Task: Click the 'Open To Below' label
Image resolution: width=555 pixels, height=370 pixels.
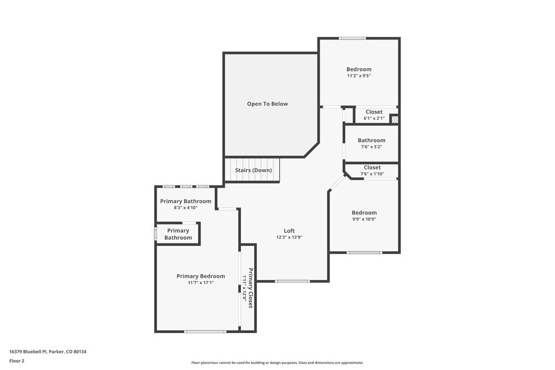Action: [268, 104]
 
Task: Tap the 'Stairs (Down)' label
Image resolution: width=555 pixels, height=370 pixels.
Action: [254, 170]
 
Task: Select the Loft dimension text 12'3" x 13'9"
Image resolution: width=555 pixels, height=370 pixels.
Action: [289, 237]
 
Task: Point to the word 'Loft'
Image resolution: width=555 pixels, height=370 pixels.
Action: [289, 231]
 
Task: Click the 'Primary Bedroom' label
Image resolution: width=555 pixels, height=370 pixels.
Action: [201, 276]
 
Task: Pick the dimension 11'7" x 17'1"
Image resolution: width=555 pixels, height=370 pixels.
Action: [201, 283]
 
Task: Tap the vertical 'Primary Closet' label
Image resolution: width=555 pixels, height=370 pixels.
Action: [251, 288]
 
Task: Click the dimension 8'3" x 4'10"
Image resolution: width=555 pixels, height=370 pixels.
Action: [185, 208]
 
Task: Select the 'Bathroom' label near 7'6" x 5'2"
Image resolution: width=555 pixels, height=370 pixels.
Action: [371, 140]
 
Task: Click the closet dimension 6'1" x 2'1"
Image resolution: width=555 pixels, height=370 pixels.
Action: [374, 119]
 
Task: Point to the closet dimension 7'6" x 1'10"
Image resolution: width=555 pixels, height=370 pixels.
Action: [372, 174]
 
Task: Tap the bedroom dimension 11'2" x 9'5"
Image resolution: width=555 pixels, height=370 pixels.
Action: [359, 76]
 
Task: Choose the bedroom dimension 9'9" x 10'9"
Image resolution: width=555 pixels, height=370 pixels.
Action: [364, 219]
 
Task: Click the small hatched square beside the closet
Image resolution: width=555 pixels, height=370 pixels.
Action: [395, 119]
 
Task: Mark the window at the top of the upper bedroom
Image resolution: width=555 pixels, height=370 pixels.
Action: [353, 38]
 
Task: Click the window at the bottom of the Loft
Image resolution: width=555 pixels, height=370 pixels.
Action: [292, 281]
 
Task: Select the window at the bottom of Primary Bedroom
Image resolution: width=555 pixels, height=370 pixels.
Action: [205, 332]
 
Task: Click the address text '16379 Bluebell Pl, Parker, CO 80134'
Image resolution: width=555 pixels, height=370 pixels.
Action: [48, 352]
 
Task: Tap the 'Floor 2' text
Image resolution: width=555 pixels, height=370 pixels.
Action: [17, 361]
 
